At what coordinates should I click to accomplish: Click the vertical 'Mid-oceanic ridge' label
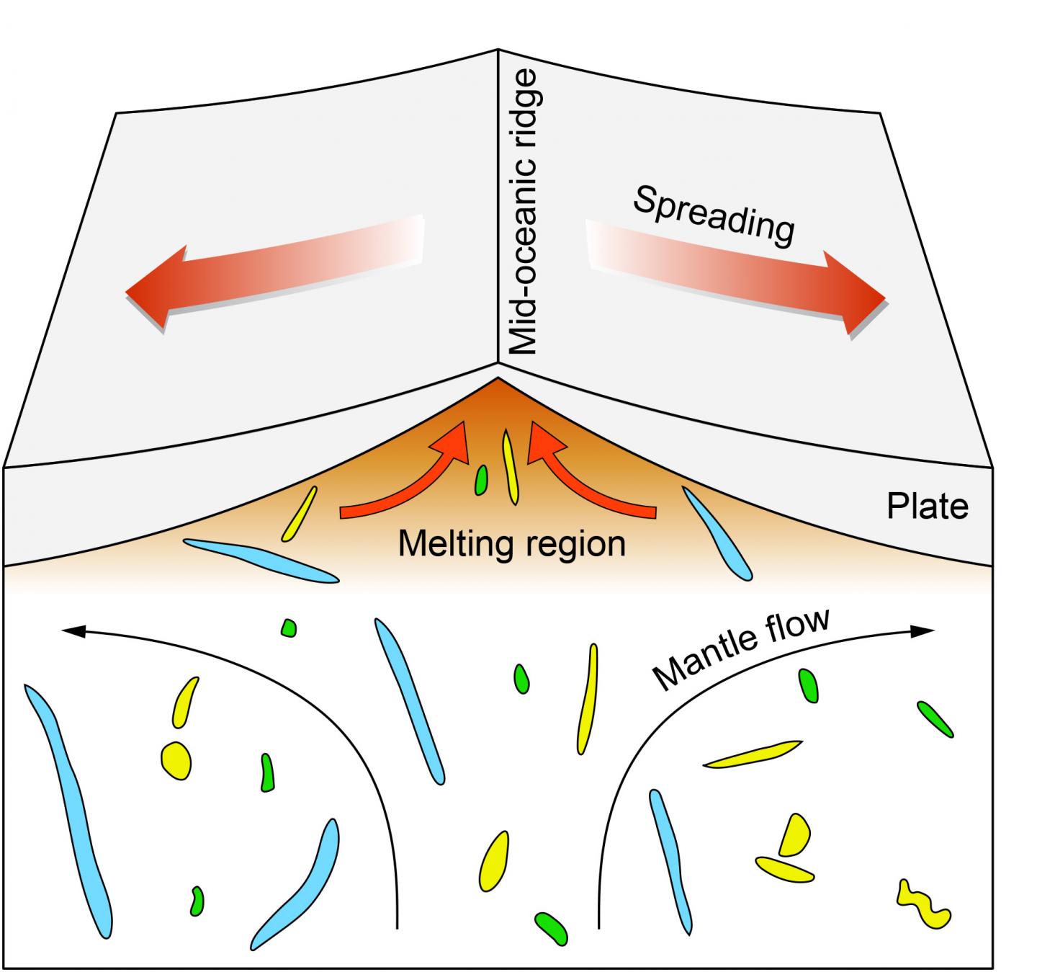(x=523, y=213)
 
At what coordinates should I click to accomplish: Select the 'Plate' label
(x=927, y=507)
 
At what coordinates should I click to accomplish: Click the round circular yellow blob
(x=176, y=759)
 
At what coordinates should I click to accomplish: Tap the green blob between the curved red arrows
(x=481, y=480)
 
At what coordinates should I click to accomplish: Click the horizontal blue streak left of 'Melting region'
(x=259, y=561)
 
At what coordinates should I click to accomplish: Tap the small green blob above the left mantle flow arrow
(x=289, y=628)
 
